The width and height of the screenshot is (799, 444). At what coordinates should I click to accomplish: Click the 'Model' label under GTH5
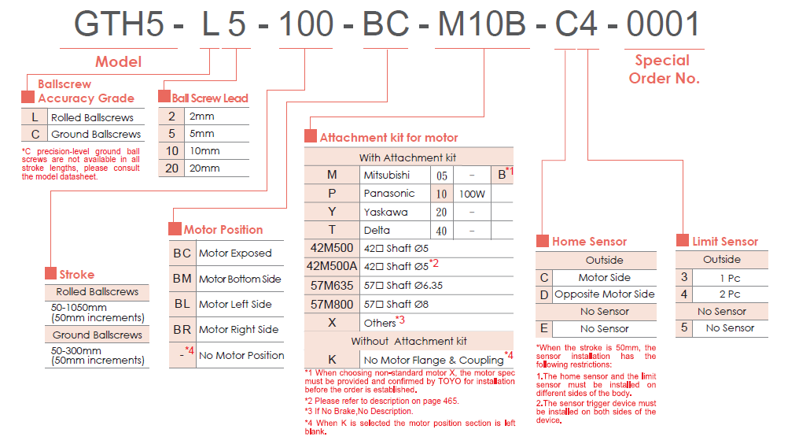tap(118, 61)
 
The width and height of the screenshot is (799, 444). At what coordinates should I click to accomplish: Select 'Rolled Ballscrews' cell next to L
tap(92, 117)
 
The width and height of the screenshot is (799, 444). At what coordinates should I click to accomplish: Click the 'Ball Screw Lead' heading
tap(210, 98)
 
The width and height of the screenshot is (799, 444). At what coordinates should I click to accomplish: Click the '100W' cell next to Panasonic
tap(472, 193)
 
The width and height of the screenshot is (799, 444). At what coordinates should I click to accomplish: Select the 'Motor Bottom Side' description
tap(240, 279)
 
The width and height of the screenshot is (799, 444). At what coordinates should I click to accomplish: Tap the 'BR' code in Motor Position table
tap(182, 329)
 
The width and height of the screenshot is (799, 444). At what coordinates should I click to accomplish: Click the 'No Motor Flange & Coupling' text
tap(433, 360)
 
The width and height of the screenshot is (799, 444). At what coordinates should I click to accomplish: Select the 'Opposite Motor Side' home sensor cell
tap(604, 294)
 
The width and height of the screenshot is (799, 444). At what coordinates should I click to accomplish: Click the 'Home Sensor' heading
tap(590, 242)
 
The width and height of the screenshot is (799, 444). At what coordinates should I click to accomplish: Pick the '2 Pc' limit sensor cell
tap(730, 294)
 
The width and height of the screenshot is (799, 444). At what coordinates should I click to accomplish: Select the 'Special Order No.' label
tap(663, 69)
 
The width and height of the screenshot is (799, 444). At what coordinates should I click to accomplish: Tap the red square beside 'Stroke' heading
tap(51, 275)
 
